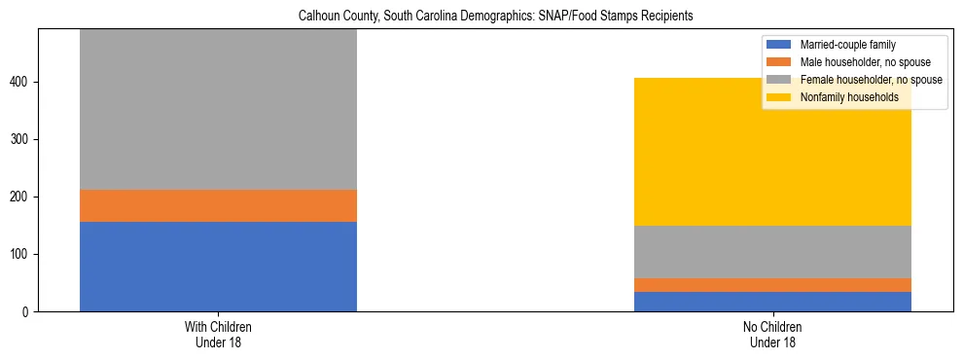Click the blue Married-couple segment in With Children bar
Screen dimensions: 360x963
point(218,267)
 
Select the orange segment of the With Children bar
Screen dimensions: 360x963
point(218,205)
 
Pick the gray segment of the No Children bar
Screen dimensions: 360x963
point(772,252)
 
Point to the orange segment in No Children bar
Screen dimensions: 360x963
point(772,285)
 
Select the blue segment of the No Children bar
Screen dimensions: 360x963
point(772,302)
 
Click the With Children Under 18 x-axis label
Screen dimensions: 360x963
point(218,335)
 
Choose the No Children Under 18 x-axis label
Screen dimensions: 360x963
point(772,335)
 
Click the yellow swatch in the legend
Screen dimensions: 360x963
point(780,97)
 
